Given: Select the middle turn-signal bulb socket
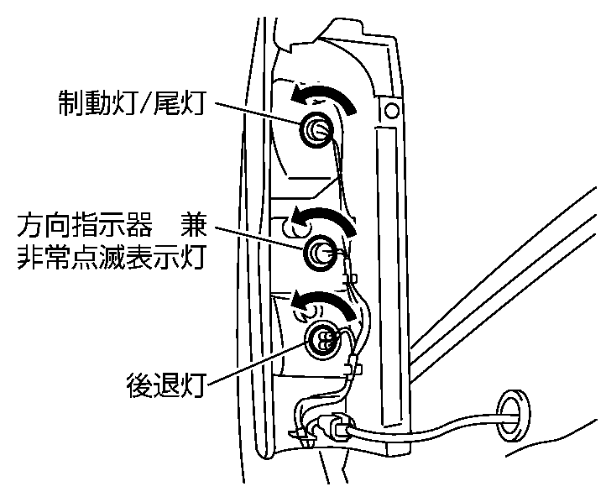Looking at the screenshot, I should pos(320,252).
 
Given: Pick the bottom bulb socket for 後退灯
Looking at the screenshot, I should pos(323,338).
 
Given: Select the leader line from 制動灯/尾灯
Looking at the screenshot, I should pos(260,114).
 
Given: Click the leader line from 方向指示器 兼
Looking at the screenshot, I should pos(260,237).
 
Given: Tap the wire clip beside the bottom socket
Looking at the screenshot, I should pos(353,366).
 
